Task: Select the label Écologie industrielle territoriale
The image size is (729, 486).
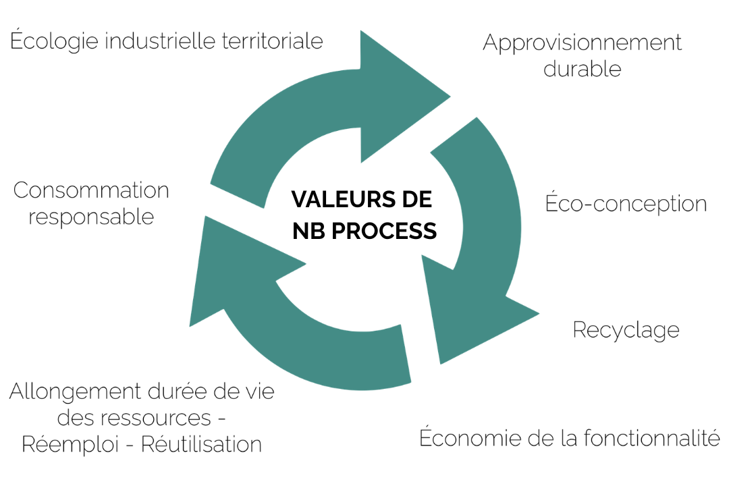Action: [167, 41]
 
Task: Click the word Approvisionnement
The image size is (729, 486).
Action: [582, 43]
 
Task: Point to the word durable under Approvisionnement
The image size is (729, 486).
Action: [582, 69]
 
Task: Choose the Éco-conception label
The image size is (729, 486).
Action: [626, 203]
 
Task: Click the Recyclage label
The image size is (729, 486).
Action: [626, 330]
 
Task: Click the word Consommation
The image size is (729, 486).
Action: [91, 190]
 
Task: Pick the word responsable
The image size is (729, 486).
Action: [91, 217]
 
